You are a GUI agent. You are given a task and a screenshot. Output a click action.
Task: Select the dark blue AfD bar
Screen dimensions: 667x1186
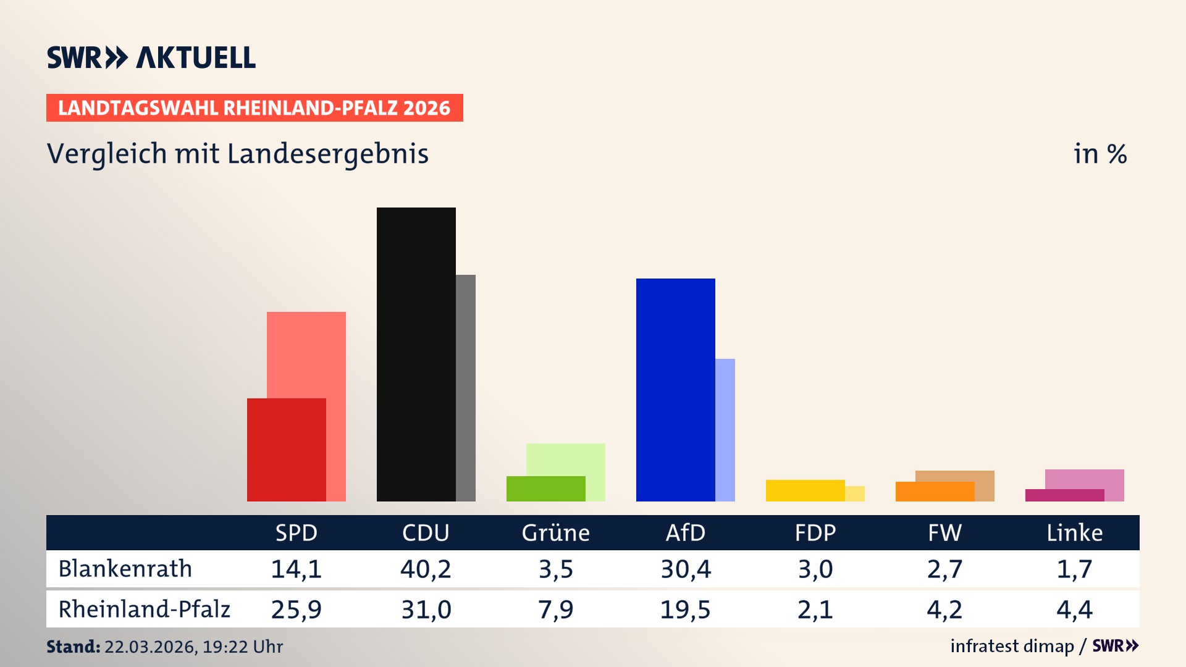[675, 390]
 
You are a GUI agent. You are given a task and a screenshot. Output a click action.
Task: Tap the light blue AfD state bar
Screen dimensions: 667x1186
[726, 430]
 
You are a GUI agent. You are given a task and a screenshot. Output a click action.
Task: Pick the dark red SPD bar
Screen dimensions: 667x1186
[286, 450]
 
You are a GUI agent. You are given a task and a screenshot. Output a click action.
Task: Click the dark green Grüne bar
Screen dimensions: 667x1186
[545, 489]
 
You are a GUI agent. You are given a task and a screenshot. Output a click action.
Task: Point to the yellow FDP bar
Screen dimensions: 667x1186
[805, 490]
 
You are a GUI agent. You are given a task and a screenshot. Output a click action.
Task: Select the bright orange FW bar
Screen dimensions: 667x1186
[935, 492]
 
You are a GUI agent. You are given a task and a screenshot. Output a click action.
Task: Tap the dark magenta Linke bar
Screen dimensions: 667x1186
[1064, 495]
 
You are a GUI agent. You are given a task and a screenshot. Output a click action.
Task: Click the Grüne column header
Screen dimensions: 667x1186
[555, 532]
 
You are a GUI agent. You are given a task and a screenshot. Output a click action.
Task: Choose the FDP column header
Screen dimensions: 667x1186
[815, 532]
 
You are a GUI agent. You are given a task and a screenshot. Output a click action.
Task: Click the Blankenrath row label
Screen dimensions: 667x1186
[125, 569]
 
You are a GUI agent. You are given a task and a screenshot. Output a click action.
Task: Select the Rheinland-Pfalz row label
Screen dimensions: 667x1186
[144, 610]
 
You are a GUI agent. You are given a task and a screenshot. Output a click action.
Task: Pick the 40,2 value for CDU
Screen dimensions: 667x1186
[426, 569]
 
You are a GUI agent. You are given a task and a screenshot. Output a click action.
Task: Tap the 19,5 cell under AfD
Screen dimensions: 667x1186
[685, 610]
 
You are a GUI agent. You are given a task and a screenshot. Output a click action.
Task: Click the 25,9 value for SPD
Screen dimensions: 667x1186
[296, 610]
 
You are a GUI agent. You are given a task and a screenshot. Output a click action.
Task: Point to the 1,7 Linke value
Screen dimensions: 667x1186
[1074, 569]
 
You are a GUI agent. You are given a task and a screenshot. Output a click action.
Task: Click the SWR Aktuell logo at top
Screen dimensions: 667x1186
[151, 57]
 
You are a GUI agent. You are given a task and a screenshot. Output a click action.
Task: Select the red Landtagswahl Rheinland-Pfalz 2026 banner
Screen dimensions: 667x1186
[254, 108]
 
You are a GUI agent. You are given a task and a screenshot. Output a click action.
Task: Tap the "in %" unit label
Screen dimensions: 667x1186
[1100, 154]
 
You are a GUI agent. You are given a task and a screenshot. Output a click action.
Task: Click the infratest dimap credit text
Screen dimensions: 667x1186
[1012, 646]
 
